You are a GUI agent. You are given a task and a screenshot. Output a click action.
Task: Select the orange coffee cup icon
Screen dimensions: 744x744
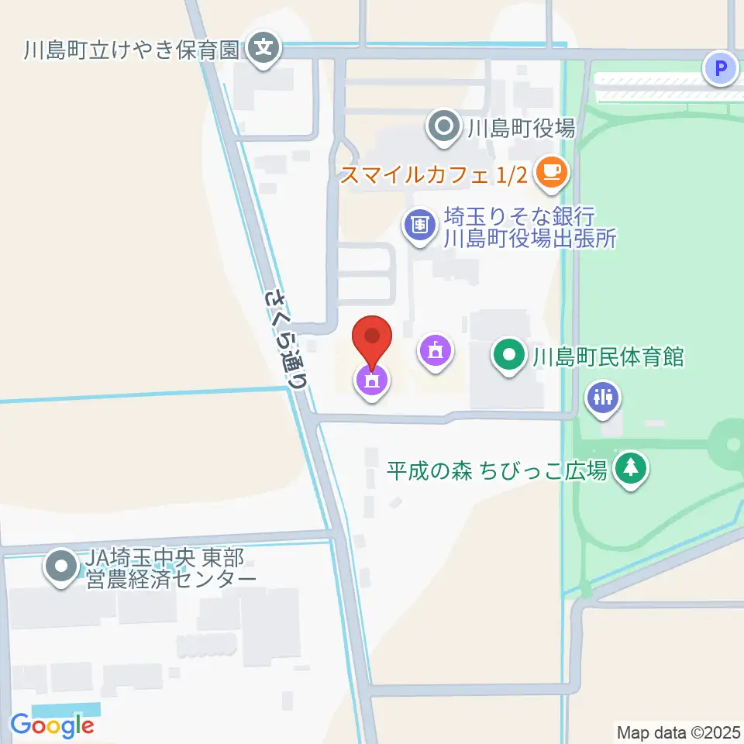tap(551, 171)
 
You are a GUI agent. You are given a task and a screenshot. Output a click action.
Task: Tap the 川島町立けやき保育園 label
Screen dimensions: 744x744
tap(132, 50)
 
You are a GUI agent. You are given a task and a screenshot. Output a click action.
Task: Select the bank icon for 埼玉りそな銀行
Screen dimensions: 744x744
tap(419, 226)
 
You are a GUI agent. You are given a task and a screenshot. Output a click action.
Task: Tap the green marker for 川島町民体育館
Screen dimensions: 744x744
tap(509, 356)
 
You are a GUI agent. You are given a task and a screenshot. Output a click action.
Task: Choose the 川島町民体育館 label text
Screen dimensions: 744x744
tap(607, 357)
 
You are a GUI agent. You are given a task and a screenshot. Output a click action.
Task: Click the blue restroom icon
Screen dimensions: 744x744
tap(602, 396)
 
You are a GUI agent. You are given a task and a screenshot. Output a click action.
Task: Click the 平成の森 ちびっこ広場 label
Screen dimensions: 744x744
tap(497, 470)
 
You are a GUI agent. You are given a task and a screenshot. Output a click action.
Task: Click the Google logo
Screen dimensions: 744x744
tap(52, 725)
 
